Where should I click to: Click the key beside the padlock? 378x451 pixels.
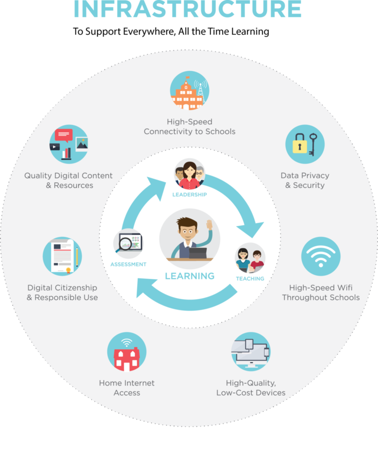pyautogui.click(x=313, y=144)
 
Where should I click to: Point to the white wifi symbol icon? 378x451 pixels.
pyautogui.click(x=321, y=256)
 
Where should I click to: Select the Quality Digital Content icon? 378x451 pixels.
pyautogui.click(x=69, y=144)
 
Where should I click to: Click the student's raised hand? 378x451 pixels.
pyautogui.click(x=209, y=225)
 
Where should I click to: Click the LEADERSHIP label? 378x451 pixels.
pyautogui.click(x=190, y=195)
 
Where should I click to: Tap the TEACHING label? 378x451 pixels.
pyautogui.click(x=250, y=279)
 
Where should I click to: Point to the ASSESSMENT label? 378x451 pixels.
pyautogui.click(x=128, y=264)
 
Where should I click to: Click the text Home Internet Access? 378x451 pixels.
pyautogui.click(x=127, y=388)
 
